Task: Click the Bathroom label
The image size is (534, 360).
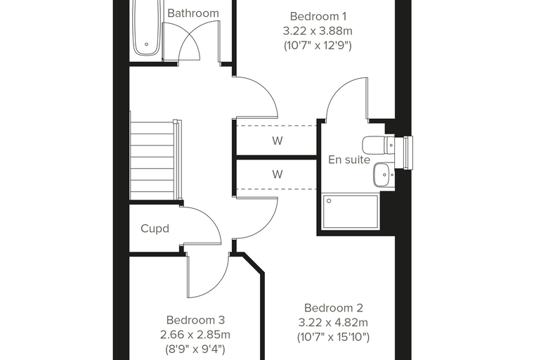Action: [x=193, y=13]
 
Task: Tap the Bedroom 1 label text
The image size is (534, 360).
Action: [x=318, y=16]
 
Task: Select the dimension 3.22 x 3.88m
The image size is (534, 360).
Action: [x=318, y=31]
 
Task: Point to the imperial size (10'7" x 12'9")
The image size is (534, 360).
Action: [x=318, y=45]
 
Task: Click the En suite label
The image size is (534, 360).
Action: [x=349, y=160]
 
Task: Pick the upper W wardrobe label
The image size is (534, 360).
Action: [x=278, y=141]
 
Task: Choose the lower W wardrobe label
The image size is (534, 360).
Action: [x=278, y=174]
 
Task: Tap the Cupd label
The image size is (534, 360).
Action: [x=155, y=229]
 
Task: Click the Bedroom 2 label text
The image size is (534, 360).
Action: [x=334, y=308]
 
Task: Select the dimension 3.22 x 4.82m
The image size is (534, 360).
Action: [x=334, y=323]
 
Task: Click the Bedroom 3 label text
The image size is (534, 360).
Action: [x=195, y=320]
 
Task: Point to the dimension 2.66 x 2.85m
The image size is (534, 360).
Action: [x=195, y=335]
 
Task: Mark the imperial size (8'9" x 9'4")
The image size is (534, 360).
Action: [x=195, y=349]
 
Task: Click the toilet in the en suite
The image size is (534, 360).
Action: [x=378, y=146]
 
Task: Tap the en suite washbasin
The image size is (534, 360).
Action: [x=384, y=175]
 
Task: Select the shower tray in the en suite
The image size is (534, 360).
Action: [x=350, y=212]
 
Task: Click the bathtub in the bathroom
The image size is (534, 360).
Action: [x=146, y=27]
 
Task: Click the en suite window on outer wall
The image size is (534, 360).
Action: [x=408, y=153]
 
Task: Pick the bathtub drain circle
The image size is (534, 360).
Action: [x=147, y=44]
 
